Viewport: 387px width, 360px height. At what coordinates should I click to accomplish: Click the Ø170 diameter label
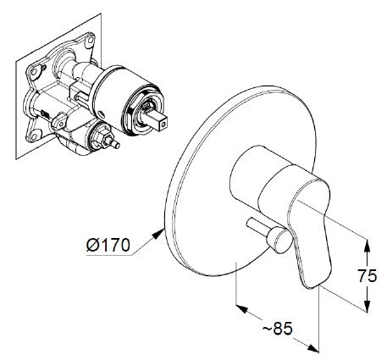click(108, 245)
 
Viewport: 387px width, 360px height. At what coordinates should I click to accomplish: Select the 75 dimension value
click(368, 275)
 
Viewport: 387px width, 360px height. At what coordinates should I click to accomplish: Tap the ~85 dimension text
click(278, 329)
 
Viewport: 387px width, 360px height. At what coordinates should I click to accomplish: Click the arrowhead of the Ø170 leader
click(158, 234)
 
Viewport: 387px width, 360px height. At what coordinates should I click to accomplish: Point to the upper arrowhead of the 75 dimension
click(367, 246)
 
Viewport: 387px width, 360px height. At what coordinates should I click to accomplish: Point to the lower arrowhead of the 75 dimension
click(367, 306)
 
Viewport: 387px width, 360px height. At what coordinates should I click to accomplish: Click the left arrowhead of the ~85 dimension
click(242, 308)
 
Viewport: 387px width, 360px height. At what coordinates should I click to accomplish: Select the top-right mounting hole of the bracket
click(90, 40)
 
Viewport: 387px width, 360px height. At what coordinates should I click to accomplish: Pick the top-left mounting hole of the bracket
click(34, 72)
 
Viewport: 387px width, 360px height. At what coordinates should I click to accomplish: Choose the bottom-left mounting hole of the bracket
click(34, 137)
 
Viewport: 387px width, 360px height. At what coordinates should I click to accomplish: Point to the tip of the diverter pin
click(118, 146)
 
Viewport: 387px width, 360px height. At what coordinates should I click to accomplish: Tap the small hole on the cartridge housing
click(102, 115)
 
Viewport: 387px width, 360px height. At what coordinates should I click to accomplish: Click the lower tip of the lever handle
click(310, 287)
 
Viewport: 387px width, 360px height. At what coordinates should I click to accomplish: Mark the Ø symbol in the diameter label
click(92, 245)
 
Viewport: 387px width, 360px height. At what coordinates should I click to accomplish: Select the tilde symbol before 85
click(267, 329)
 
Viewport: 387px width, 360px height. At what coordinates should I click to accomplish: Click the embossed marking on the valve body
click(44, 114)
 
